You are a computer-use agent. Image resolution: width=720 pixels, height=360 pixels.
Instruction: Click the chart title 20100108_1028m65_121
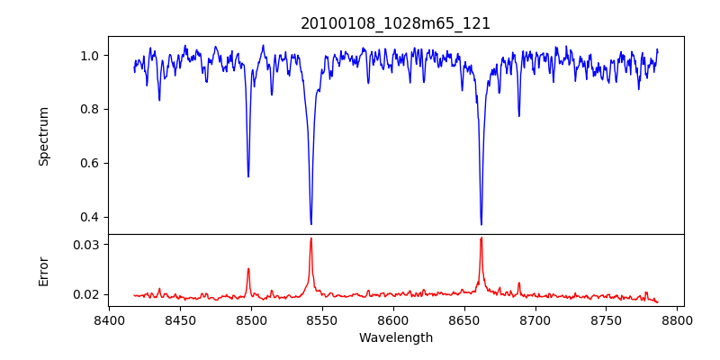point(395,23)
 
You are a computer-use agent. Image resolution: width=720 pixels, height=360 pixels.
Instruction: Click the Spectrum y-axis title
point(43,136)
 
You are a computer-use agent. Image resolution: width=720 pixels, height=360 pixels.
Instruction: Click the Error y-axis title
point(43,271)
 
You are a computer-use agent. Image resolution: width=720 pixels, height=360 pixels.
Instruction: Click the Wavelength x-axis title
point(395,337)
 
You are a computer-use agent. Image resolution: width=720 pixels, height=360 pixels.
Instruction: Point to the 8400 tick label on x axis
point(109,319)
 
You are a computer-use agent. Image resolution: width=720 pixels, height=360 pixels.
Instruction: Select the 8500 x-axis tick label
point(251,319)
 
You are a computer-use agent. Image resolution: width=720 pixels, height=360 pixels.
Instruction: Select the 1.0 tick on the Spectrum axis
point(89,56)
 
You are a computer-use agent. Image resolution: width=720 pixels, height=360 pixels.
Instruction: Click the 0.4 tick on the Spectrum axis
point(89,217)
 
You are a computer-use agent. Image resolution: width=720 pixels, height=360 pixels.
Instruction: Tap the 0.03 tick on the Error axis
point(86,245)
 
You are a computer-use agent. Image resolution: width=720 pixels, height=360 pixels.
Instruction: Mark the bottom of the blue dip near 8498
point(248,176)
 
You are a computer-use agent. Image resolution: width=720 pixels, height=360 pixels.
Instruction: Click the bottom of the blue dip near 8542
point(310,224)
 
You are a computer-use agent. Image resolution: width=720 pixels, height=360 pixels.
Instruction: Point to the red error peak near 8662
point(481,238)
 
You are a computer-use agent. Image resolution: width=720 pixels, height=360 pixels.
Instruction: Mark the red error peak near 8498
point(248,268)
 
